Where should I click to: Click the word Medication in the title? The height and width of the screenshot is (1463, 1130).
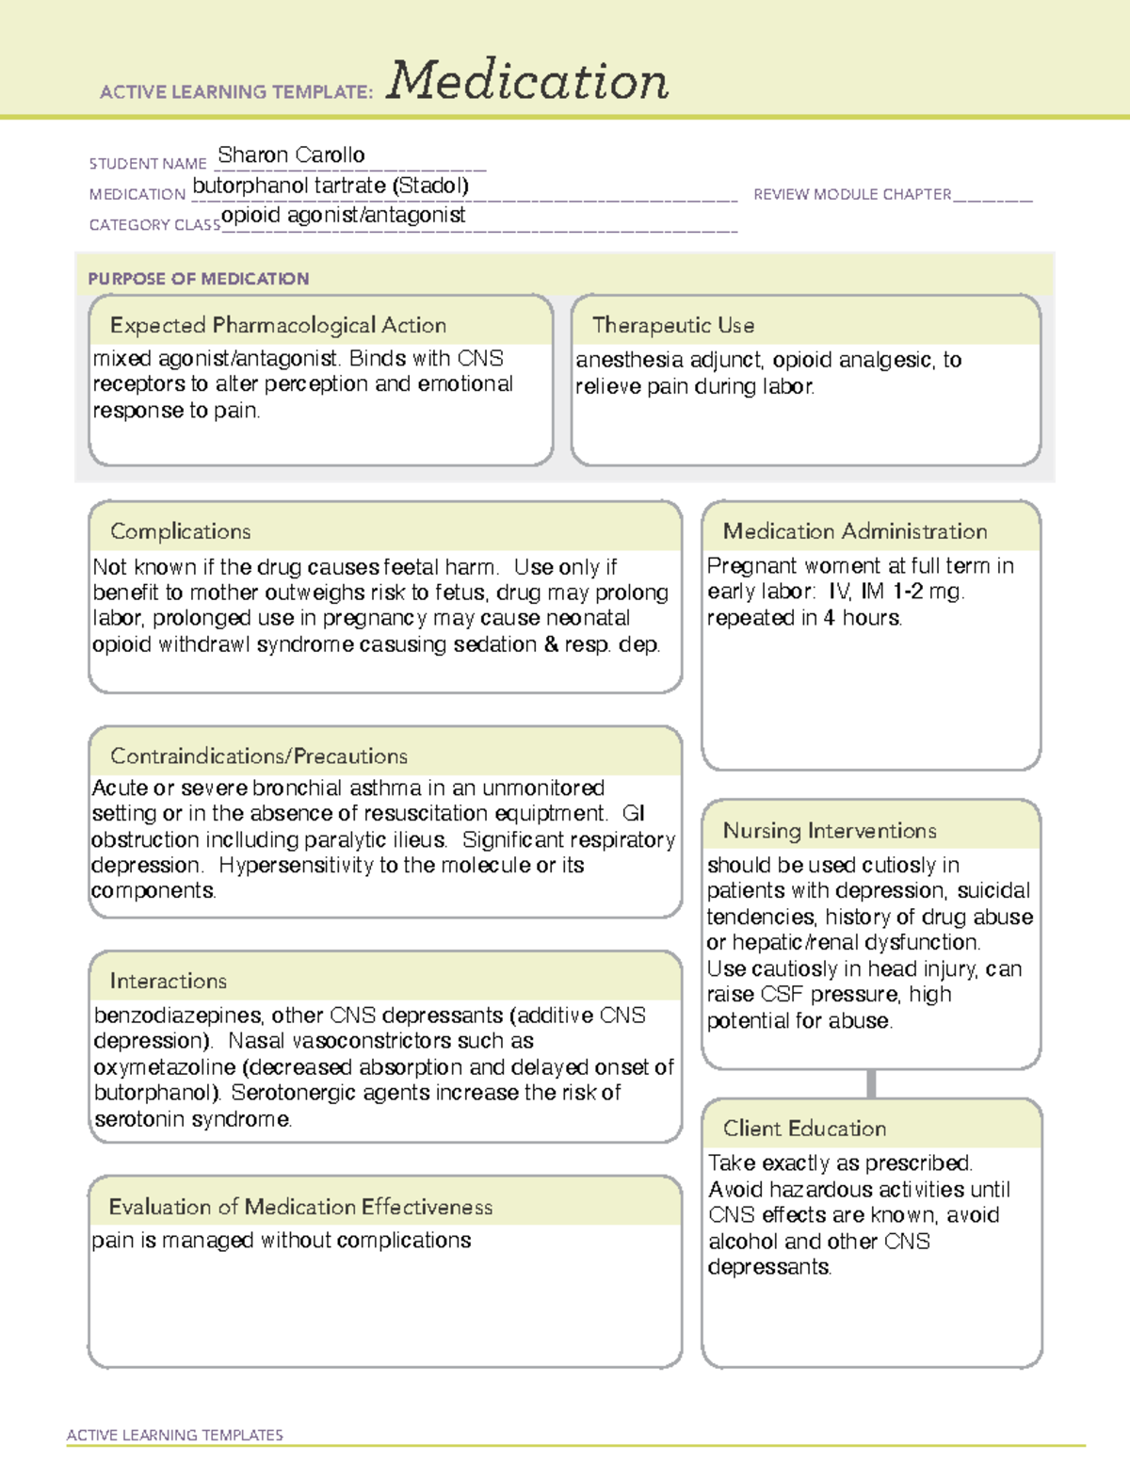[527, 81]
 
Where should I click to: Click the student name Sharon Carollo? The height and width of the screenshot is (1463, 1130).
[291, 154]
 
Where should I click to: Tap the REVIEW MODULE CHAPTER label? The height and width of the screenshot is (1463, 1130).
[852, 194]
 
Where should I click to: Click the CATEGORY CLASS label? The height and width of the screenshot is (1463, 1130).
[154, 225]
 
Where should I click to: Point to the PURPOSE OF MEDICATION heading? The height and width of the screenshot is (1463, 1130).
[198, 279]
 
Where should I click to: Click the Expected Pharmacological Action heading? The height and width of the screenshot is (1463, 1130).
[278, 325]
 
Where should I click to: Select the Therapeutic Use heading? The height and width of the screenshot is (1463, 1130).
[672, 325]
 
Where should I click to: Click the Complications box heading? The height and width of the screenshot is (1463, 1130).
[180, 531]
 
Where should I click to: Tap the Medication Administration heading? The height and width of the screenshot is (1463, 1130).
[854, 531]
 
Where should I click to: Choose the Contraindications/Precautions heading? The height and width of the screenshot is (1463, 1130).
[258, 756]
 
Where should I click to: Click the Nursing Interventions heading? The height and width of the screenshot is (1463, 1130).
[829, 831]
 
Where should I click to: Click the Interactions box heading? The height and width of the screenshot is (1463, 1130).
[168, 982]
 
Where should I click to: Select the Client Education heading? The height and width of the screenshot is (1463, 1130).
[804, 1129]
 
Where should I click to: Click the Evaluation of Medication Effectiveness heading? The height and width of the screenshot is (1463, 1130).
[300, 1207]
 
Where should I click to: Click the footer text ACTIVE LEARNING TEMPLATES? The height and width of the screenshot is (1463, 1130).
[174, 1435]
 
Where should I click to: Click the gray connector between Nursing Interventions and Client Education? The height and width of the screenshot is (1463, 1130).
[871, 1083]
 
